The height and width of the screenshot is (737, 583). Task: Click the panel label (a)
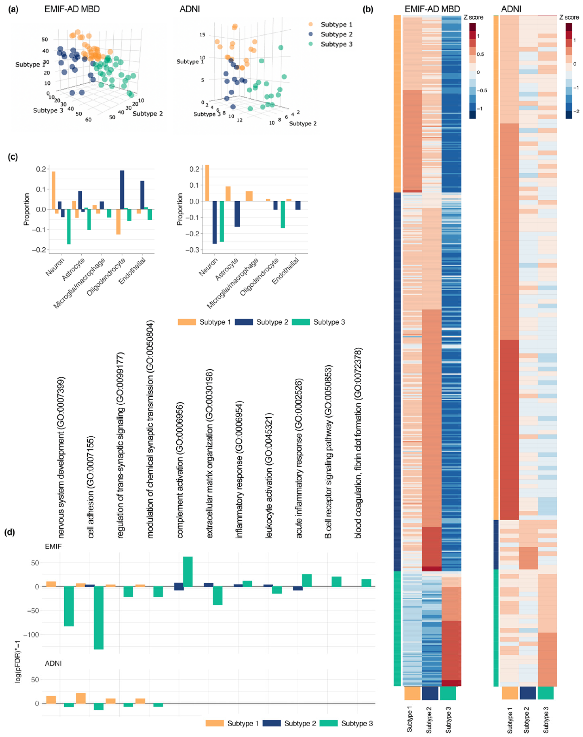pyautogui.click(x=13, y=9)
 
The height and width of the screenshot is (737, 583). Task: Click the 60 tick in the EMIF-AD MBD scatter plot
pyautogui.click(x=88, y=120)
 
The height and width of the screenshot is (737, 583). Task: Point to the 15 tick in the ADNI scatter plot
pyautogui.click(x=202, y=35)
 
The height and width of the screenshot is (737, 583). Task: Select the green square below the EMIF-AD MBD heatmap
pyautogui.click(x=448, y=693)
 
